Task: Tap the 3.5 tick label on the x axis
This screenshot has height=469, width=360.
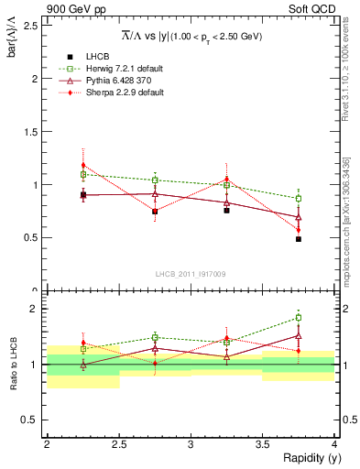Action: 262,443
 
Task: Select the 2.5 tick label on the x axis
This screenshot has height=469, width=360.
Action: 118,443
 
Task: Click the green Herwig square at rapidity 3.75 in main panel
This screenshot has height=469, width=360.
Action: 299,198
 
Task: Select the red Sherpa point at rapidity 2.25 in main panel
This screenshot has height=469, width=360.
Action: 82,166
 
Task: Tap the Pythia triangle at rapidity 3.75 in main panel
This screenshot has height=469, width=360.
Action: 299,217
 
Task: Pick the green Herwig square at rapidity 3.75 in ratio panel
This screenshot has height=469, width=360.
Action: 299,318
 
